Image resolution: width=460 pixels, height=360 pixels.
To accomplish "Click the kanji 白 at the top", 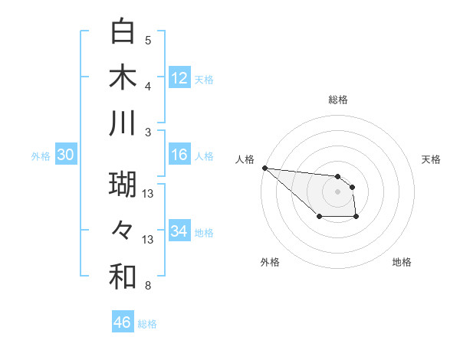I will click(x=123, y=32).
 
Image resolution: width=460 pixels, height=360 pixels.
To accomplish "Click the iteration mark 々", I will click(x=123, y=231).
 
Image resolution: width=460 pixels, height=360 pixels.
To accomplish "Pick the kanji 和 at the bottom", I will click(x=123, y=277).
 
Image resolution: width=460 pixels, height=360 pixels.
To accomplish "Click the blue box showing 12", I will click(x=179, y=78).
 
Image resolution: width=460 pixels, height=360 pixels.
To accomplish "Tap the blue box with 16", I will click(x=179, y=155).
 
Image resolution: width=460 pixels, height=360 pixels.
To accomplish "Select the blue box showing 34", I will click(x=179, y=231).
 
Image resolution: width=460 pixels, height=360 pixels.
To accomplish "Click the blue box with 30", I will click(x=65, y=155).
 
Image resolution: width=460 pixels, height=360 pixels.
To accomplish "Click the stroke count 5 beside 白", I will click(x=148, y=40).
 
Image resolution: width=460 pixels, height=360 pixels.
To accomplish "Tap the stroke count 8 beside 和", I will click(x=148, y=286).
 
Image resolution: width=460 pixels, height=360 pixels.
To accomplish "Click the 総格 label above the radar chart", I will click(x=337, y=100).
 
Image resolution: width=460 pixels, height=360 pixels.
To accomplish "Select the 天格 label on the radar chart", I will click(x=431, y=159).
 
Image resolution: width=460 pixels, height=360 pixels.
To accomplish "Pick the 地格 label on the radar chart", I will click(x=402, y=262).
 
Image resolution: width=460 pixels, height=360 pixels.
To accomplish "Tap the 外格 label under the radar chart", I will click(x=270, y=262).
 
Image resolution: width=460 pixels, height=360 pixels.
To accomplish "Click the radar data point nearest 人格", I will click(x=264, y=168).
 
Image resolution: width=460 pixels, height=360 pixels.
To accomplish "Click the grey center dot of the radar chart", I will click(x=337, y=191).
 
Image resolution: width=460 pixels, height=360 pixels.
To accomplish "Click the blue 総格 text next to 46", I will click(x=147, y=324).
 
